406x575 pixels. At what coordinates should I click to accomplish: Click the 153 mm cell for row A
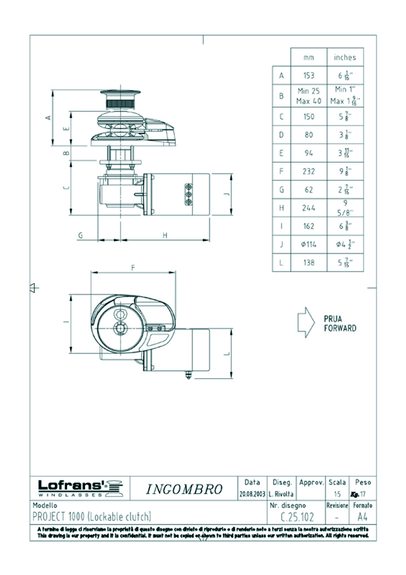tap(309, 76)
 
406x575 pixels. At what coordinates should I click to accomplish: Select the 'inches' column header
tap(345, 57)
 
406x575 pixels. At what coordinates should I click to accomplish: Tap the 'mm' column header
tap(309, 57)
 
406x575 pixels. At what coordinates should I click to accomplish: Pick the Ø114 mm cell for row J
tap(309, 244)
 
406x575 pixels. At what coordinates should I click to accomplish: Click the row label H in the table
tap(282, 208)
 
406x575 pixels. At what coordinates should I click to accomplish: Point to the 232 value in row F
tap(309, 172)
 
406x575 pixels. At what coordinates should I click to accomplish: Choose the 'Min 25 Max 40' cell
tap(309, 96)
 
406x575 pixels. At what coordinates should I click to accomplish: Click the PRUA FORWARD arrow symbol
tap(306, 323)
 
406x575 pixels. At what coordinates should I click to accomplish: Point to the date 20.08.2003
tap(252, 494)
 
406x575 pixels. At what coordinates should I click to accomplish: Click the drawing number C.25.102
tap(297, 517)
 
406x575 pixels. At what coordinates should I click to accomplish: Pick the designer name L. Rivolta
tap(281, 494)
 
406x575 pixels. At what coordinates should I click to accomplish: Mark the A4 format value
tap(362, 517)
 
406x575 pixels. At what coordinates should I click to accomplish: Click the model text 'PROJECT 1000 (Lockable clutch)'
tap(92, 516)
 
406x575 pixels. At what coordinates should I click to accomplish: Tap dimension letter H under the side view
tap(165, 235)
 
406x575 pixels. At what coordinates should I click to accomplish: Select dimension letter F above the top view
tap(133, 267)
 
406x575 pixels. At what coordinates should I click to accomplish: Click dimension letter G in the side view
tap(80, 235)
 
